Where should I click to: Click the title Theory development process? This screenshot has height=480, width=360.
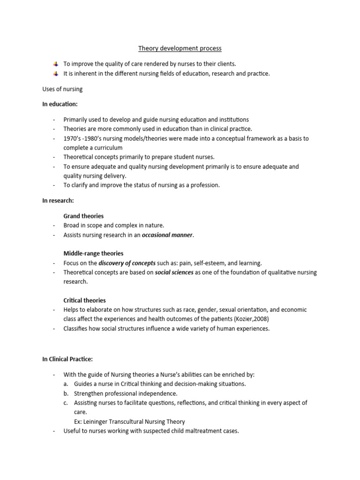(x=180, y=48)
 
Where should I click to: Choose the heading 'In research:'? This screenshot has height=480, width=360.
(x=58, y=200)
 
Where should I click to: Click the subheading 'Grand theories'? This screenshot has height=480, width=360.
(x=83, y=216)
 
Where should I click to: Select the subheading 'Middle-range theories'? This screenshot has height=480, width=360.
(x=93, y=254)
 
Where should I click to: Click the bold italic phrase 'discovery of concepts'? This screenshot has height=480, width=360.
(x=127, y=263)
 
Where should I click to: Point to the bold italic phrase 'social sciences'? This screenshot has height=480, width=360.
(x=174, y=272)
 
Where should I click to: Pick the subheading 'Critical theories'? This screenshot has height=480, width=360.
(x=84, y=300)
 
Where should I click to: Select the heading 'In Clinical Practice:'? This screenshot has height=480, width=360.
(x=67, y=359)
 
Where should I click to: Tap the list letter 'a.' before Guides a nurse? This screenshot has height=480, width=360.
(x=66, y=384)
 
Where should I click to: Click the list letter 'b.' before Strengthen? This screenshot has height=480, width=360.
(x=66, y=393)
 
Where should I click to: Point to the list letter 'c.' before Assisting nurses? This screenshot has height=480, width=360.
(x=66, y=403)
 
